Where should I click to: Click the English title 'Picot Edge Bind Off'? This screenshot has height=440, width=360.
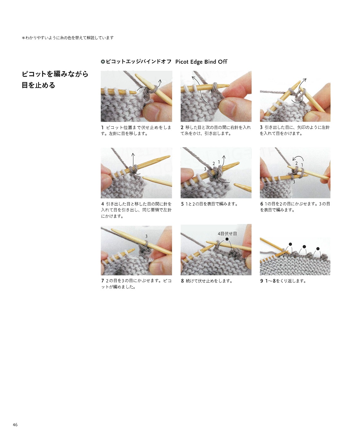coord(201,62)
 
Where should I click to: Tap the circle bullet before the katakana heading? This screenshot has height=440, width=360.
coord(103,62)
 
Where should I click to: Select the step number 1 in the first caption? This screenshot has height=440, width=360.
coord(102,127)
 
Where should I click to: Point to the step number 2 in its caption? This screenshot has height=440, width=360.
coord(182,127)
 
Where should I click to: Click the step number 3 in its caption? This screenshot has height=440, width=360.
coord(261,127)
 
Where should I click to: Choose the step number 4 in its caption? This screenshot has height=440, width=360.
coord(103,204)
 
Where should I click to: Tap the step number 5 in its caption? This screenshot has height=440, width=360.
coord(182,204)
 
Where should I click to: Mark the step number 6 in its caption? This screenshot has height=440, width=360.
coord(261,204)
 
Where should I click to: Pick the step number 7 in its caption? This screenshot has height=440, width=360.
coord(103,281)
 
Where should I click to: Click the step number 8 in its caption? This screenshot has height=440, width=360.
coord(182,281)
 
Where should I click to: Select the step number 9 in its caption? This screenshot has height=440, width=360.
coord(261,281)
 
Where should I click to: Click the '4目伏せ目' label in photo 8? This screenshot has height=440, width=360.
coord(227,234)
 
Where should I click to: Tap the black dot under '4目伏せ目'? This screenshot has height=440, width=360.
coord(227,239)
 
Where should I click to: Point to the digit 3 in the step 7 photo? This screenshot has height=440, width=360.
coord(146,236)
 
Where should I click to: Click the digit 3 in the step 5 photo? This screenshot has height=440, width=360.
coord(205,169)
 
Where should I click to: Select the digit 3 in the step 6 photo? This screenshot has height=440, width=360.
coord(294,182)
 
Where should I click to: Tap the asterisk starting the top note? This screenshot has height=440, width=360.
coord(23,38)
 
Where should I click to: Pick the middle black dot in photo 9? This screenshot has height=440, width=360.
coord(304,247)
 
